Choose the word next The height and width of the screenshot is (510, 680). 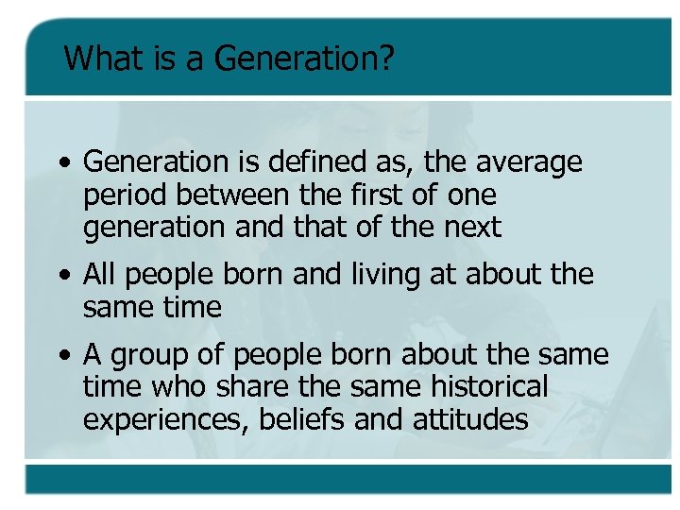click(x=469, y=228)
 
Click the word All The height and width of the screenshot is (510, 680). click(x=100, y=274)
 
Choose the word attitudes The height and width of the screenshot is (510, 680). click(x=470, y=418)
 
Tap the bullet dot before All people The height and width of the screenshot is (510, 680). click(x=62, y=276)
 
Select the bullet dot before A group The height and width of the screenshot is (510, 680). click(x=62, y=356)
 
